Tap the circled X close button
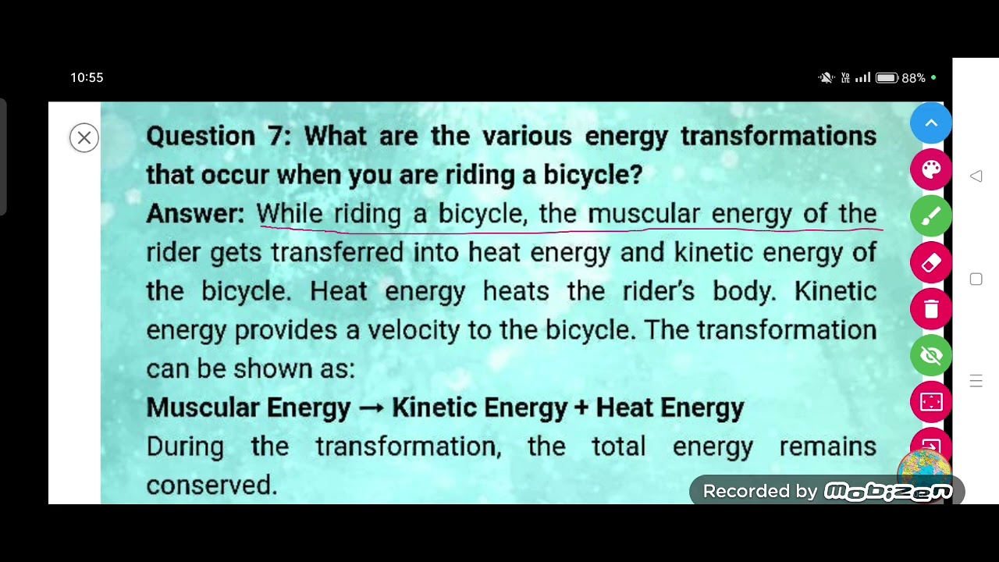point(84,138)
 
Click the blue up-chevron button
point(931,123)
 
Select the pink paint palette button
point(931,169)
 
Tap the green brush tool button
point(931,216)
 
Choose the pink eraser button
point(931,262)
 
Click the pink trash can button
point(931,309)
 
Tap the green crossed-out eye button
point(931,355)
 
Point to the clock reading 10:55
point(87,77)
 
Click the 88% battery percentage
point(913,78)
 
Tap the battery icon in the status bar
point(887,78)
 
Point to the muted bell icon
point(826,77)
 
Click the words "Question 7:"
point(219,136)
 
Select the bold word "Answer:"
point(195,213)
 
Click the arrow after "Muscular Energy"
point(371,408)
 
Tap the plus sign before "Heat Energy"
point(581,407)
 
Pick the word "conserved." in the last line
point(212,485)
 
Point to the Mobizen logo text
point(888,491)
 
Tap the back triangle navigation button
point(976,176)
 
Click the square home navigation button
point(976,279)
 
